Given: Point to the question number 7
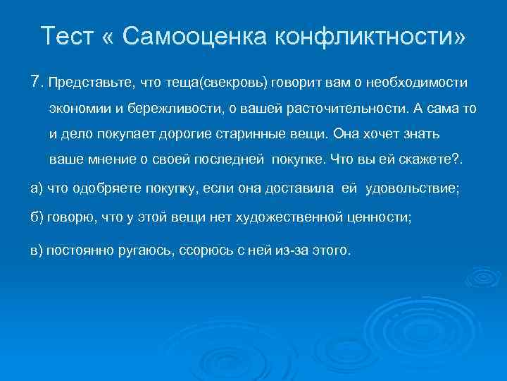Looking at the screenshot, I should (x=37, y=83).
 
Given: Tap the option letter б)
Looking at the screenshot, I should (x=37, y=219).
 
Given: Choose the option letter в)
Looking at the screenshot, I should (x=37, y=251).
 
